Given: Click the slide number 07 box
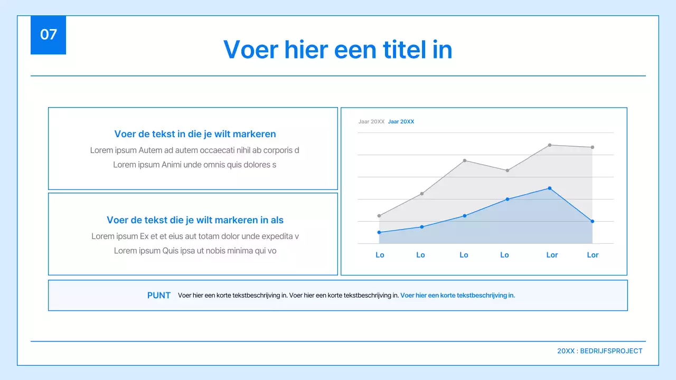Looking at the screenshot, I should (x=48, y=35).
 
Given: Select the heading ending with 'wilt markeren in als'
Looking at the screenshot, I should (x=195, y=220).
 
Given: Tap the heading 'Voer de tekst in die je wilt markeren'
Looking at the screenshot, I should (x=195, y=134).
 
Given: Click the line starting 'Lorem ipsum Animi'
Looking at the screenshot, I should (x=194, y=165).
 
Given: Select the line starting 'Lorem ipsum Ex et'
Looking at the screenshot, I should (x=195, y=236).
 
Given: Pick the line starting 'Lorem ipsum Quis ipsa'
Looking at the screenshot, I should (x=195, y=251).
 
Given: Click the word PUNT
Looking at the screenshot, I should (x=158, y=296).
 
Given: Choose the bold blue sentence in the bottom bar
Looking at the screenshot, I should (x=457, y=296).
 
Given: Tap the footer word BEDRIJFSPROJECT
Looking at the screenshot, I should (x=611, y=351).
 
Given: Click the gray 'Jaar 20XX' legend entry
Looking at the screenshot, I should (x=371, y=122).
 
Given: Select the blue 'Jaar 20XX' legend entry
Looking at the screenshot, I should (x=401, y=122).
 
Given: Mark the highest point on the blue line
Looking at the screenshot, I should (x=550, y=188).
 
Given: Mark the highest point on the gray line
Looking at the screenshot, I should (x=550, y=145).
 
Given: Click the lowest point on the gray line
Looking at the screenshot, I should (x=379, y=216).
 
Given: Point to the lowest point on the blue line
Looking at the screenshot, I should (x=379, y=232).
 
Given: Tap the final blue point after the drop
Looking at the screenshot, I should (x=593, y=221).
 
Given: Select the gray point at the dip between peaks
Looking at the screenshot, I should (x=507, y=170).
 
